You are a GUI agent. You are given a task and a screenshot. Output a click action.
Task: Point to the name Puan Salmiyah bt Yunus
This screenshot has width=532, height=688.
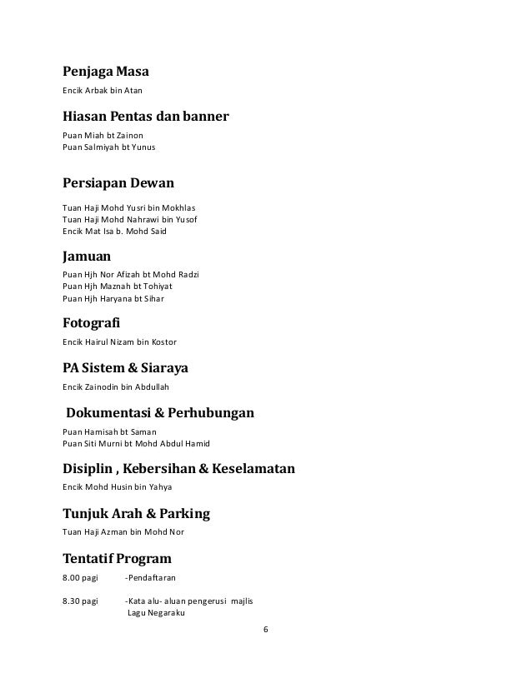(x=109, y=147)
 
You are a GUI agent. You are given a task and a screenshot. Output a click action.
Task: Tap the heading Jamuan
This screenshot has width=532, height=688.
(x=88, y=257)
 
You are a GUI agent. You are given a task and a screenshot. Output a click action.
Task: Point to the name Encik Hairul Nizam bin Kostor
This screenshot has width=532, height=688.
(x=119, y=342)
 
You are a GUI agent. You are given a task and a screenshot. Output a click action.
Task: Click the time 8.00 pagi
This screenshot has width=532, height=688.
(x=81, y=576)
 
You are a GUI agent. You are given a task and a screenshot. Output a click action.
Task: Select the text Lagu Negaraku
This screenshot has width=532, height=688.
(x=154, y=612)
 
